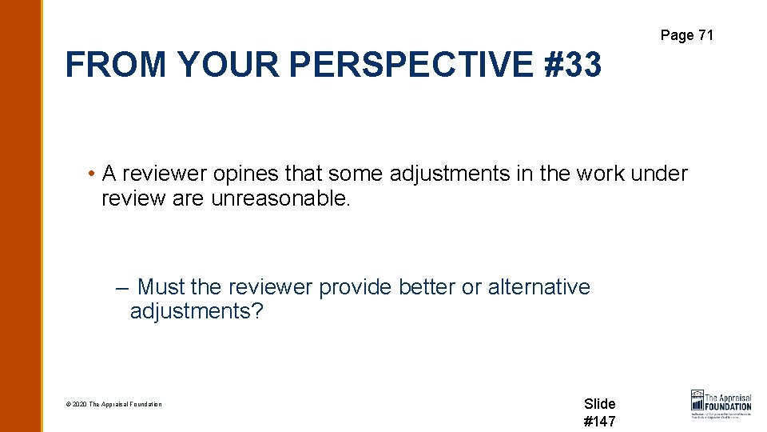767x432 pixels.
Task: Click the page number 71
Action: [x=705, y=35]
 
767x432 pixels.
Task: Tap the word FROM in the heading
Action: [x=116, y=65]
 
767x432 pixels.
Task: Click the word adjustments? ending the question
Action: [x=196, y=311]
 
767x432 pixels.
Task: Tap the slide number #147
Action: [x=600, y=422]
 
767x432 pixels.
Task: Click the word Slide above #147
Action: [x=600, y=404]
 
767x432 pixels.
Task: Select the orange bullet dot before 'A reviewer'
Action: [x=93, y=174]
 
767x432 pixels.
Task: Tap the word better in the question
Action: [x=421, y=287]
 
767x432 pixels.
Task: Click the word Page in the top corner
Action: [x=676, y=35]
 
